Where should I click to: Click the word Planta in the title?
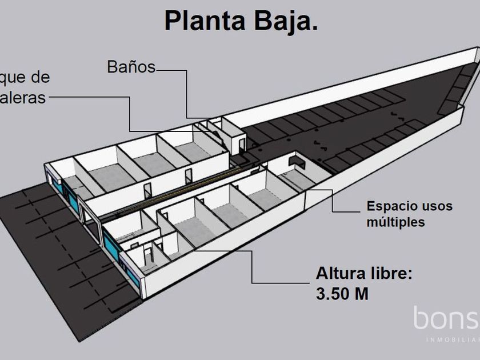pos(199,21)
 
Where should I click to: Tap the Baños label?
pos(131,67)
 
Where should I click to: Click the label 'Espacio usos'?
pos(409,206)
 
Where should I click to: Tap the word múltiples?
pos(396,222)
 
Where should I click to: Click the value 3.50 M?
pos(342,294)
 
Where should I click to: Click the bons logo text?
pos(446,318)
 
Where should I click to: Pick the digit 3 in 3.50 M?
pos(321,294)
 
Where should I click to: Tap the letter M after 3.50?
pos(361,294)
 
